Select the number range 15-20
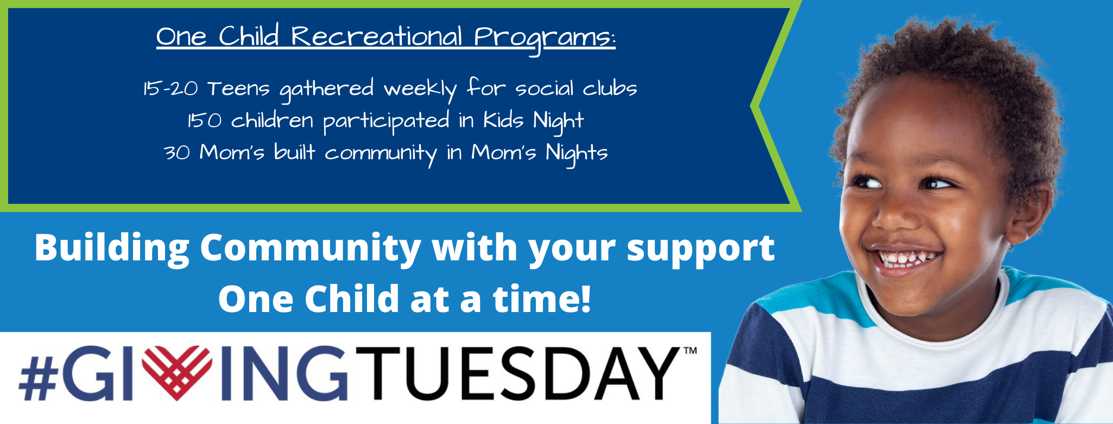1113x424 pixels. point(170,88)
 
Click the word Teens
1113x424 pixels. point(238,89)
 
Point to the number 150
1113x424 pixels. point(204,120)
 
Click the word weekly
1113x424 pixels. point(420,90)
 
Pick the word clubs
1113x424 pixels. point(610,88)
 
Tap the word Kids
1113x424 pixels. point(503,120)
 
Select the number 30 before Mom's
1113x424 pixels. point(177,153)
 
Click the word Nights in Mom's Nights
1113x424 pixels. point(577,154)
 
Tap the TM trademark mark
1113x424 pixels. point(689,351)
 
